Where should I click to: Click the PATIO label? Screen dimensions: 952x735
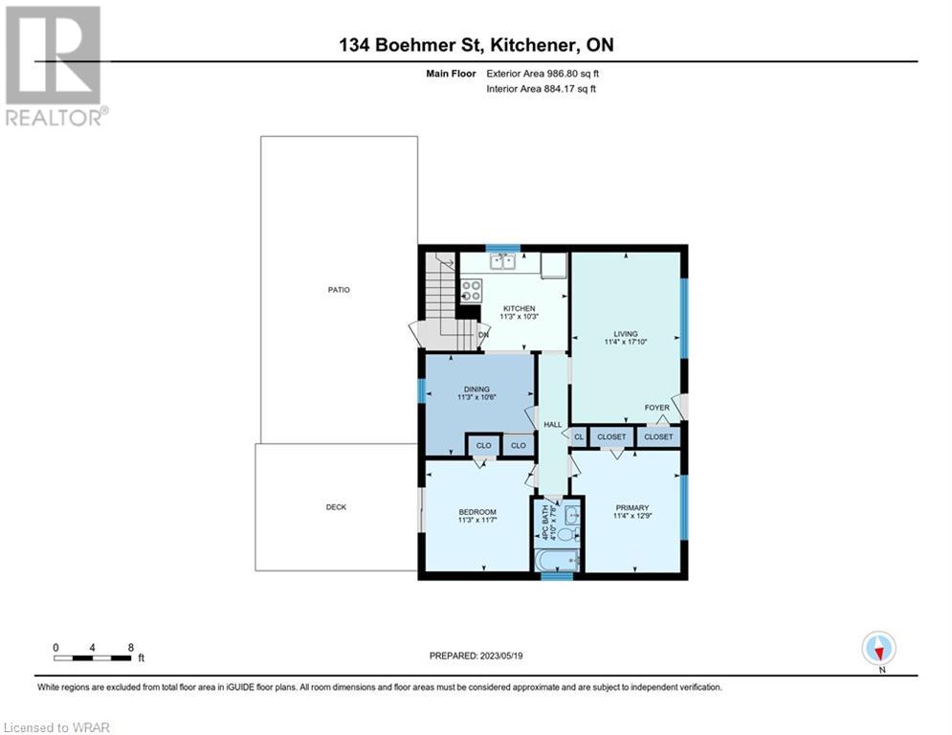(x=339, y=290)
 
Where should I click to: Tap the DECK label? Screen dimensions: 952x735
(x=336, y=506)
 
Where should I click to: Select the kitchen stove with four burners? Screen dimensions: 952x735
(x=471, y=290)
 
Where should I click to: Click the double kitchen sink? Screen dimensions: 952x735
(x=502, y=262)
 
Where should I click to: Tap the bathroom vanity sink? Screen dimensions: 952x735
(x=572, y=516)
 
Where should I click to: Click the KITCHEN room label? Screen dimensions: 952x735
(x=520, y=308)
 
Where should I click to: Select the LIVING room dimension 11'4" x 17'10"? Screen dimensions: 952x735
(x=626, y=342)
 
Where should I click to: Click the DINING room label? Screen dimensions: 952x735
(x=476, y=390)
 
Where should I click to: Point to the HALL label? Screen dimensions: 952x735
(x=552, y=425)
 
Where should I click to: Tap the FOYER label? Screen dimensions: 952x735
(x=657, y=408)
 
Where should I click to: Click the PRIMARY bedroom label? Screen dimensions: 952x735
(x=632, y=508)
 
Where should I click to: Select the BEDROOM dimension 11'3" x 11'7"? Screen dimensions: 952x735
(x=477, y=520)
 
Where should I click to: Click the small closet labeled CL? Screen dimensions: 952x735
(x=579, y=436)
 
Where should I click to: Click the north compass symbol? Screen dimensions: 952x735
(x=878, y=648)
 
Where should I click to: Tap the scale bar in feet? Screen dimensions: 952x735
(x=92, y=657)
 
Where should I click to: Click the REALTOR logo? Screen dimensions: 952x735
(x=54, y=66)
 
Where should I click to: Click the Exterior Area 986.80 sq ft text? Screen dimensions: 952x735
(x=542, y=74)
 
